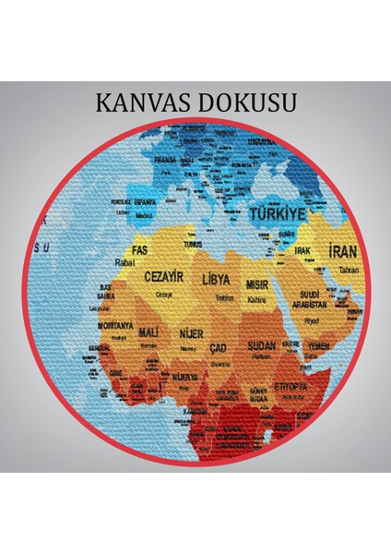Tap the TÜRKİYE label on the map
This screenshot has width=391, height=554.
(x=278, y=214)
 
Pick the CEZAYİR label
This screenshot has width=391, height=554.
(x=163, y=276)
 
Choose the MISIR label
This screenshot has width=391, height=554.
(x=256, y=285)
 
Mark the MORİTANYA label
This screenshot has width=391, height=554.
(x=116, y=326)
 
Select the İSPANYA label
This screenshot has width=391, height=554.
(x=145, y=201)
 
